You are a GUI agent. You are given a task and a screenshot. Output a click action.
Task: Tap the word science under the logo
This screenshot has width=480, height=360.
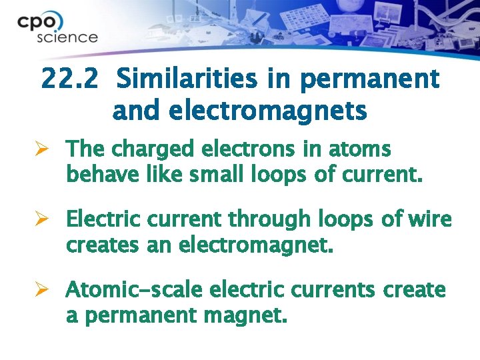click(67, 37)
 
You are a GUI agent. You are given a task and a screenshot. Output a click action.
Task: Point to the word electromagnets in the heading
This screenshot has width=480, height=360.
click(240, 111)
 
